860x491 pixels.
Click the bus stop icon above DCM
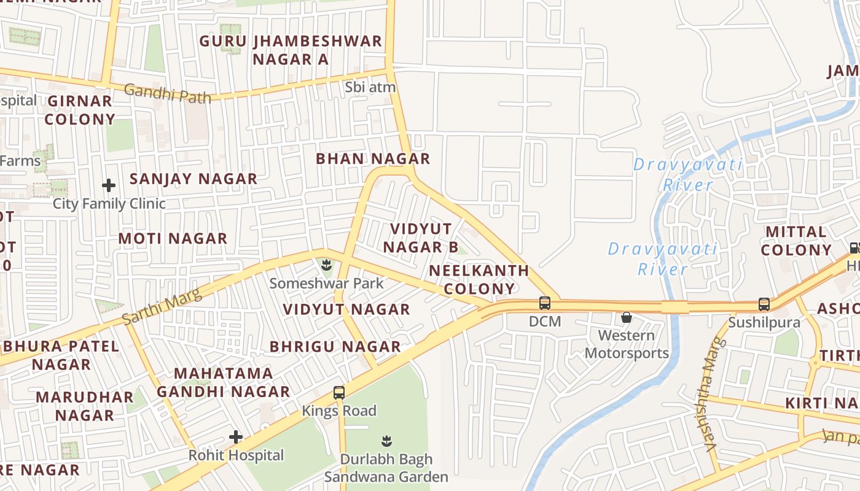coord(544,303)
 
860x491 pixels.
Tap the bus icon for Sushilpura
coord(764,304)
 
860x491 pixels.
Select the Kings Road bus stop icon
coord(338,392)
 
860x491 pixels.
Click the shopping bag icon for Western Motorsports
coord(626,317)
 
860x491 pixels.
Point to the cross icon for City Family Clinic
coord(109,185)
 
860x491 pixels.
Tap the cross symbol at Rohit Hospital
coord(235,437)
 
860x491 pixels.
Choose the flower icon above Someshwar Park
coord(326,265)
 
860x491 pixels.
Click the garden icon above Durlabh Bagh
coord(386,441)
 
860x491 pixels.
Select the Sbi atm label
coord(370,87)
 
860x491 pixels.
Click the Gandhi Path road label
coord(167,93)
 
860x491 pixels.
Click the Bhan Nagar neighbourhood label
coord(372,158)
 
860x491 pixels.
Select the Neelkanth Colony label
coord(479,279)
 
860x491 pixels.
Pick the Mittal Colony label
coord(796,241)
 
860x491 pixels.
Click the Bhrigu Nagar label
coord(335,346)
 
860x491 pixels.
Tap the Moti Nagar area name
coord(173,238)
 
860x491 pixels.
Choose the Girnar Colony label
coord(80,110)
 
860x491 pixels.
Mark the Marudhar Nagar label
coord(85,406)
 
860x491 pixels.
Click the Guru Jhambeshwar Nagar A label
coord(291,50)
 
